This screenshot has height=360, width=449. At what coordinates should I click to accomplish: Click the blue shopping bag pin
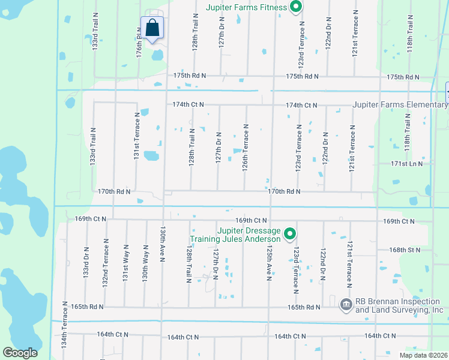(152, 28)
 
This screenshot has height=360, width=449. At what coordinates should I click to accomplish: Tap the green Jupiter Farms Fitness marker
(295, 8)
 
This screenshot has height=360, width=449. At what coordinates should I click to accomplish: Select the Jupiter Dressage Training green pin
(290, 233)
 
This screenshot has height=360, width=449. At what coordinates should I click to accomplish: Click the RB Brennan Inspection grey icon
(346, 305)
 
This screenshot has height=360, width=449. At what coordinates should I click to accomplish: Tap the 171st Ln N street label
(406, 163)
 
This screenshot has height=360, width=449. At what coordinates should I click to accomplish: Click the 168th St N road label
(405, 249)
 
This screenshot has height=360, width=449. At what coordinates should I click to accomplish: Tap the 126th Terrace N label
(246, 148)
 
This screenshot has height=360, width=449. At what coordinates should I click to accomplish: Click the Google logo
(20, 353)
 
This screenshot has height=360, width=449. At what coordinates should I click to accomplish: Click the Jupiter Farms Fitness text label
(246, 8)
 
